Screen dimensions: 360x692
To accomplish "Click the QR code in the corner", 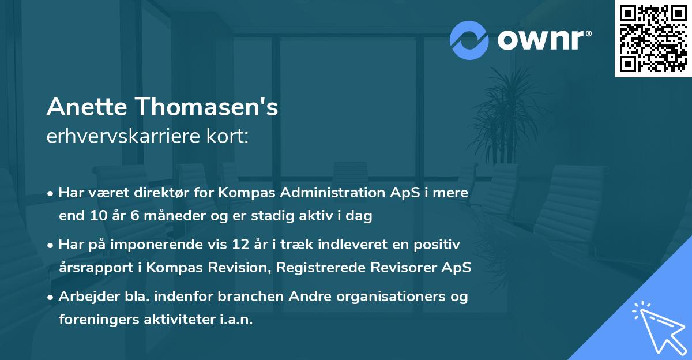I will coord(653,39).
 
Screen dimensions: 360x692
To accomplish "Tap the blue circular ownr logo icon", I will coord(469,40).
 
